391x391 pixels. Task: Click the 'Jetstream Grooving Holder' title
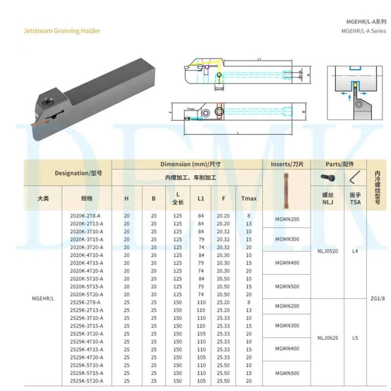[62, 31]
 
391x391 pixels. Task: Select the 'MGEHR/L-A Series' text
[364, 31]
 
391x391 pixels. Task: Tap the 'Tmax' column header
[249, 198]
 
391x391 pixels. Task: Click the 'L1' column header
[201, 198]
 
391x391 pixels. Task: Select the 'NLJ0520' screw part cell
[327, 251]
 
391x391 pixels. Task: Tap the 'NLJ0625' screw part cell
[327, 338]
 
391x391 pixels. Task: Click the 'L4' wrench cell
[355, 251]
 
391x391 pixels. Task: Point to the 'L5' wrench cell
[355, 338]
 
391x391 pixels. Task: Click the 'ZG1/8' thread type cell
[379, 298]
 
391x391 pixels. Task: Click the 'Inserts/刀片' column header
[286, 164]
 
